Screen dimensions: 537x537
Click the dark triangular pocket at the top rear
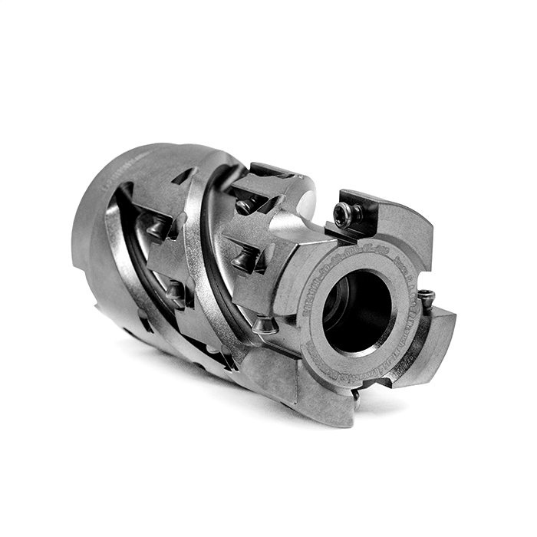pyautogui.click(x=184, y=178)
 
